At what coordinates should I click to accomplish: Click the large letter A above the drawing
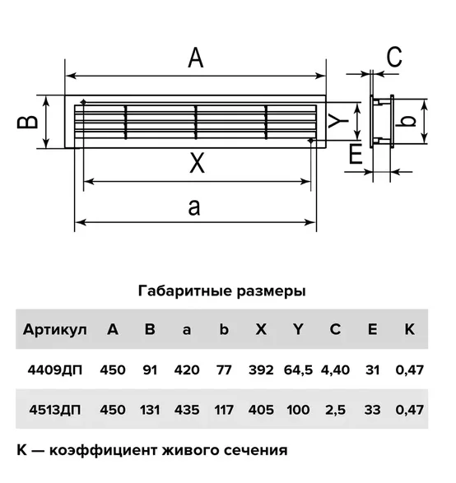196,58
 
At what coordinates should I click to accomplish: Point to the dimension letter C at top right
394,57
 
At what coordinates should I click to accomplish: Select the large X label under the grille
197,163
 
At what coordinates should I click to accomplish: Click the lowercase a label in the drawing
194,207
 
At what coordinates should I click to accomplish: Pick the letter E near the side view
356,154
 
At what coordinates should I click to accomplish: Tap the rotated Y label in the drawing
338,120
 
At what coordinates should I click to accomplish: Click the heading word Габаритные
185,290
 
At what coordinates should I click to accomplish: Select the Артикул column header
55,330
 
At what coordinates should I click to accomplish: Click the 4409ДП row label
55,369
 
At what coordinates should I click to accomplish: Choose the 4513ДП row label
55,410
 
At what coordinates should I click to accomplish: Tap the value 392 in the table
261,369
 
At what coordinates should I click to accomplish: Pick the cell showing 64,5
298,370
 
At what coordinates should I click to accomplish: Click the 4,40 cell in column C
335,370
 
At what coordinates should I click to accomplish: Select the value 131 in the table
150,410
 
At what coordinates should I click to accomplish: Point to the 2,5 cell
335,411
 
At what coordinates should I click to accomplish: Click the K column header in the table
409,329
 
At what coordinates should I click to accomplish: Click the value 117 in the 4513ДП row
224,410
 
